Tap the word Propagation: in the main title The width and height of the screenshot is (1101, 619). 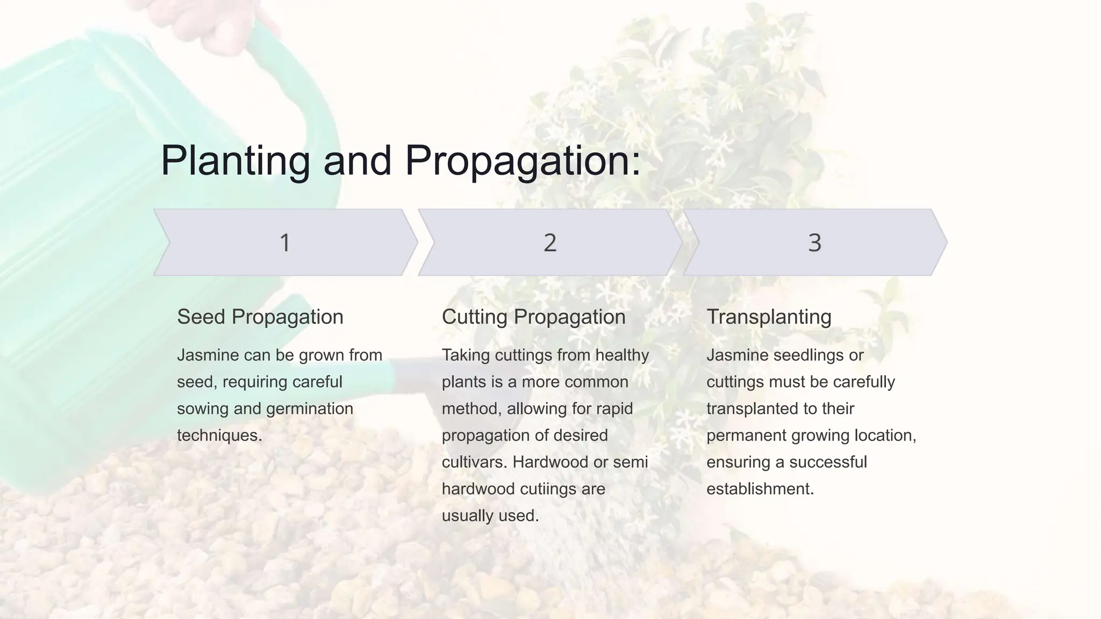(523, 161)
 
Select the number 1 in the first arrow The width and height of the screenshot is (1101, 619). (285, 242)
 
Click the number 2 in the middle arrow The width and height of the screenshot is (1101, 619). (549, 242)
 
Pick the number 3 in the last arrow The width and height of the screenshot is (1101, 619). (814, 242)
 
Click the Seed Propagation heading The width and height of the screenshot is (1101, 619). (260, 317)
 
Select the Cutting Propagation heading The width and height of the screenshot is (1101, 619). (533, 317)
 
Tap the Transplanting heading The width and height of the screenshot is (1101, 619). (769, 317)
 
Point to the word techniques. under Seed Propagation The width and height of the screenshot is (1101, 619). (219, 435)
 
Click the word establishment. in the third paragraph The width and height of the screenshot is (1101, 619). (760, 489)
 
